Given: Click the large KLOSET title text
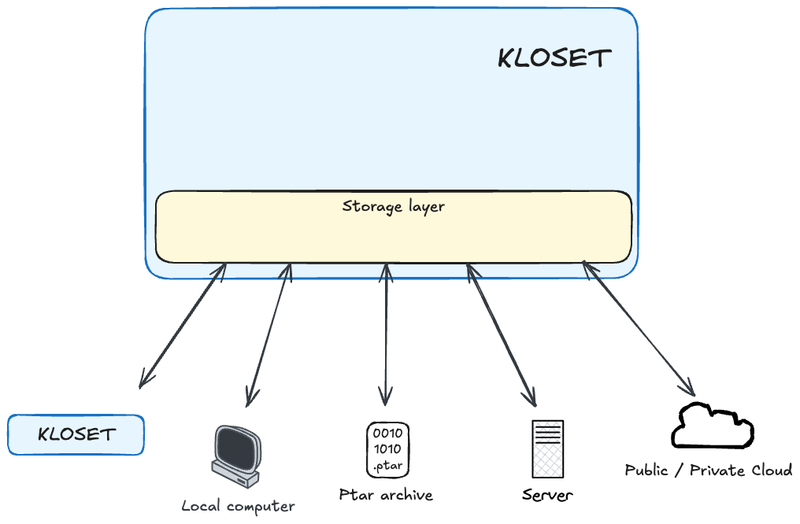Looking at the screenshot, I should (554, 58).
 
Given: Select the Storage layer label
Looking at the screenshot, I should (393, 207).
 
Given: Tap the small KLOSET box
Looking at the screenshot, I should (76, 435).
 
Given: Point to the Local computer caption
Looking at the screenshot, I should (238, 506).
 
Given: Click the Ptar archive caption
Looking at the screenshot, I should (386, 495).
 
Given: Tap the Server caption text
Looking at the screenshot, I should (547, 496).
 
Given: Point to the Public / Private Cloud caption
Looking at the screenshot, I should (708, 470).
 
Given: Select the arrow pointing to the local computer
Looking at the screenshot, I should (269, 334).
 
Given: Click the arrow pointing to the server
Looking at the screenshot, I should (500, 334).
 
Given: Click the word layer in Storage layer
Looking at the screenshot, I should (426, 208).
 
